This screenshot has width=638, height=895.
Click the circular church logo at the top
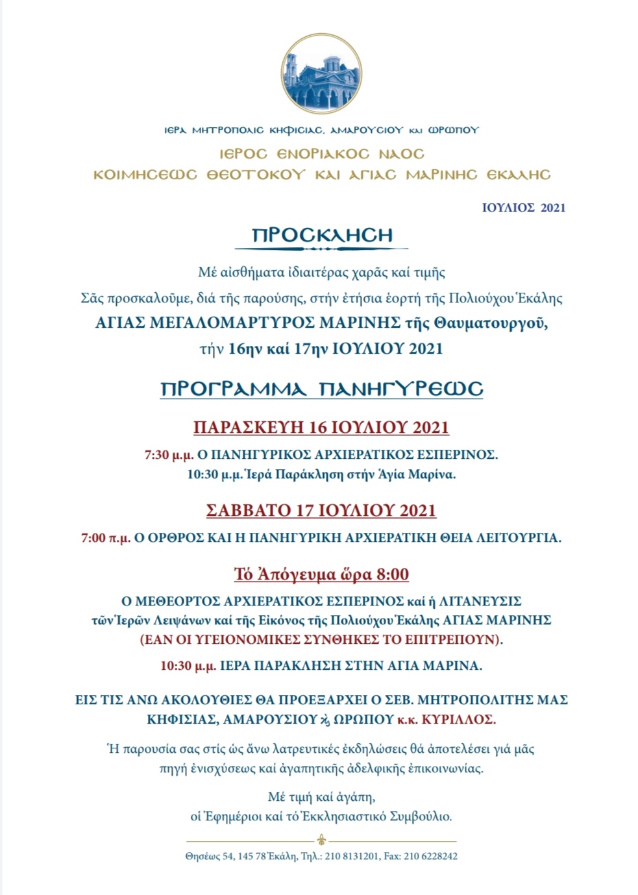[x=321, y=74]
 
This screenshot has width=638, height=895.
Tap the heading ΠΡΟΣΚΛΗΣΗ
[x=322, y=235]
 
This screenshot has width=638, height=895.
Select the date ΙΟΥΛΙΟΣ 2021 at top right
[x=523, y=208]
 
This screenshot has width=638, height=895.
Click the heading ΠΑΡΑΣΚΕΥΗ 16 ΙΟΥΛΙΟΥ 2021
[x=321, y=428]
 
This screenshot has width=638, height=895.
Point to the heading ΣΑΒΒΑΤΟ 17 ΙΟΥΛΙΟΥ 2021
[x=321, y=511]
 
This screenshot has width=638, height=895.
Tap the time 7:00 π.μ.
[x=106, y=538]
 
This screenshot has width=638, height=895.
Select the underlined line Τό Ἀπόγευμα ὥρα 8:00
[x=321, y=574]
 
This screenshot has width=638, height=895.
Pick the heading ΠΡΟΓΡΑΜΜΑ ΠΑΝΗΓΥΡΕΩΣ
[x=322, y=389]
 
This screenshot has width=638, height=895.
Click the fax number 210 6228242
[x=430, y=857]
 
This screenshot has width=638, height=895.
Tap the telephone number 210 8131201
[x=351, y=857]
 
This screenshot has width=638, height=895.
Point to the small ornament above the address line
[x=321, y=840]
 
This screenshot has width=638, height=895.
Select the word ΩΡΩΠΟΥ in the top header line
[x=452, y=130]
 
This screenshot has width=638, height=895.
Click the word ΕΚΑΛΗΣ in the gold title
[x=518, y=175]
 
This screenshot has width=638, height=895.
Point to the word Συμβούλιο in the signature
[x=420, y=816]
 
